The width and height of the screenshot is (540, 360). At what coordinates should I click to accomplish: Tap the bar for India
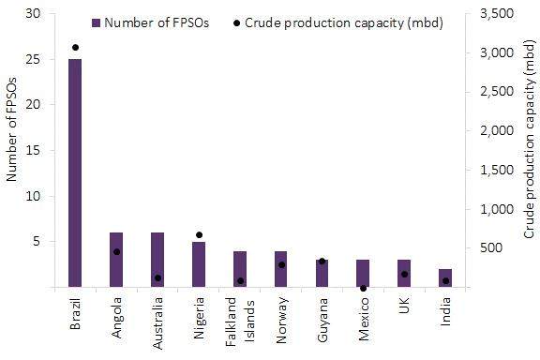coord(445,277)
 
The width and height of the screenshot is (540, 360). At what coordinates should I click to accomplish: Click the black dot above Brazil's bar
coord(75,47)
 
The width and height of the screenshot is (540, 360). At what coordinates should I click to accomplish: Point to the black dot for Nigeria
coord(199,235)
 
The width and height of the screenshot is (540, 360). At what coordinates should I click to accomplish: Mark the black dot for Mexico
coord(363,289)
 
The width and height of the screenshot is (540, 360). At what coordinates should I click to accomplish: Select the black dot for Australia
coord(157,277)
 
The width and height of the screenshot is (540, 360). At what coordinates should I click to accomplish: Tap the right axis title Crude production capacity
coord(528,151)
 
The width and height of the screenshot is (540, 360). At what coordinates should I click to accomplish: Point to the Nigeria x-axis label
coord(199,316)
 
